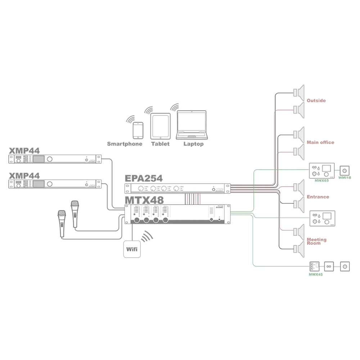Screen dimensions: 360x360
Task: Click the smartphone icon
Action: click(x=138, y=130)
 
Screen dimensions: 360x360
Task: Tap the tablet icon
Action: click(x=160, y=126)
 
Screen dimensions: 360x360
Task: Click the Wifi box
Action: click(x=131, y=248)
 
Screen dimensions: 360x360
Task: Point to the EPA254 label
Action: click(x=144, y=178)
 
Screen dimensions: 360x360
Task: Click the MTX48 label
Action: click(x=144, y=199)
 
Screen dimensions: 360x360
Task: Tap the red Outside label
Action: click(x=316, y=100)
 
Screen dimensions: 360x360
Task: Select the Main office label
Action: click(x=320, y=143)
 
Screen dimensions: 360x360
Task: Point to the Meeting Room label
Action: click(x=317, y=240)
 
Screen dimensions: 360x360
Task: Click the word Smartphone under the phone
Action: click(x=125, y=144)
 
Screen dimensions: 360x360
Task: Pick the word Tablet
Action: click(x=160, y=144)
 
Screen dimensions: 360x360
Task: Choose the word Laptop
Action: click(x=193, y=144)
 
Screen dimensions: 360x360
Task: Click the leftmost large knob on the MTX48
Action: click(x=137, y=221)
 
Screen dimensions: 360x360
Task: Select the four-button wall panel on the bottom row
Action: click(x=314, y=266)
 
